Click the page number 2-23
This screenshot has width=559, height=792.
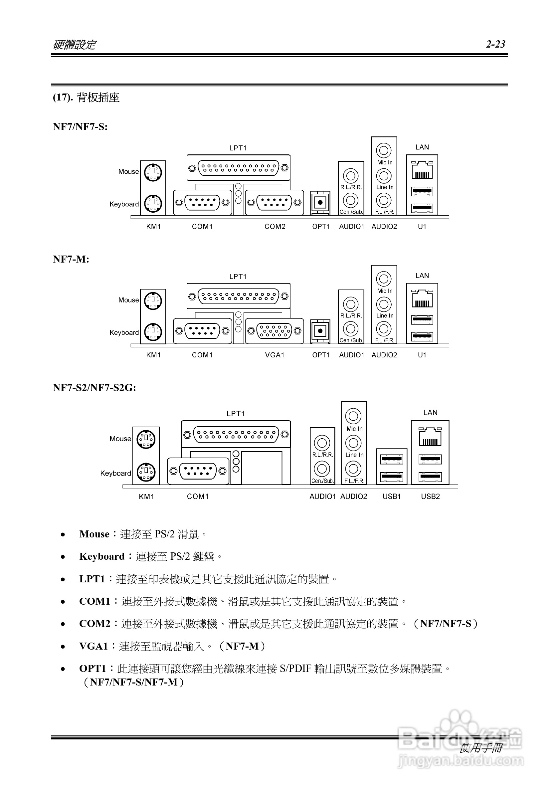(x=495, y=44)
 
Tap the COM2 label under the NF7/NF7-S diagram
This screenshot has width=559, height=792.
(x=275, y=227)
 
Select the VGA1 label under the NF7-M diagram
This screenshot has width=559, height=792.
(x=275, y=355)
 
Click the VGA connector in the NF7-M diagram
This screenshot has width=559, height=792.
(x=275, y=331)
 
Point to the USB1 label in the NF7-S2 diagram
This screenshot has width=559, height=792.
(x=392, y=496)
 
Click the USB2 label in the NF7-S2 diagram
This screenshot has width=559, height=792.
(x=430, y=496)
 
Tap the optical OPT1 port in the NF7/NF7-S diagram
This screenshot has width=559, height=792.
(x=320, y=202)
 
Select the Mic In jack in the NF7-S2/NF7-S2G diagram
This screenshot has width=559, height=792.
(x=353, y=416)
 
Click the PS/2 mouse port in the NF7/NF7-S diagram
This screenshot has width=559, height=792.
(x=153, y=172)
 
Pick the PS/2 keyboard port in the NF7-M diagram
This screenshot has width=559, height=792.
(x=153, y=332)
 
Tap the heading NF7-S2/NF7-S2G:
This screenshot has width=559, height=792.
(x=94, y=388)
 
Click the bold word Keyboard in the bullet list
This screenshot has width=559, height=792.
(x=102, y=556)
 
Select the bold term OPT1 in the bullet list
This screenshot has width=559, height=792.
(x=93, y=669)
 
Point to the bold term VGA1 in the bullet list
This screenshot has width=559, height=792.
(x=93, y=646)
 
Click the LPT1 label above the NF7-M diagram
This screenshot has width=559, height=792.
(x=238, y=276)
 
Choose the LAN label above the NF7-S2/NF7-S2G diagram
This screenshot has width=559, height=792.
(x=430, y=413)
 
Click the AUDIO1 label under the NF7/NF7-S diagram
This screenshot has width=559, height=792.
(x=351, y=227)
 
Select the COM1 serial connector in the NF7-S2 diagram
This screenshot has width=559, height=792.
(x=198, y=471)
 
